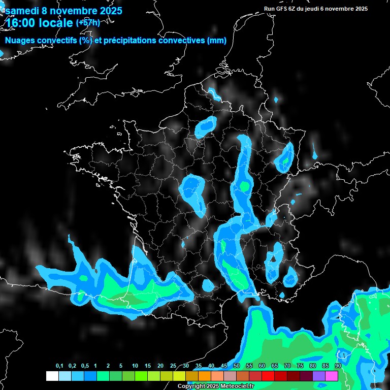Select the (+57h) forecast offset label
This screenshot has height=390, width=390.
click(x=87, y=22)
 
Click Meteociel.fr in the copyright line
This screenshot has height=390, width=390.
click(x=239, y=386)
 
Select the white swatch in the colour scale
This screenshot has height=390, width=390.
click(x=52, y=376)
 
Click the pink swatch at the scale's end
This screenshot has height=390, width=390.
click(x=332, y=376)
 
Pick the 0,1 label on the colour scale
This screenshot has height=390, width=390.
click(x=59, y=366)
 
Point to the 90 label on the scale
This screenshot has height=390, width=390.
click(x=338, y=366)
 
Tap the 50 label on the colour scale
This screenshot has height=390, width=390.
click(x=237, y=366)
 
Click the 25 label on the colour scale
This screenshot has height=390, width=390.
click(x=173, y=366)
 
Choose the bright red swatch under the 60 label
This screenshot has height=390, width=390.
click(x=268, y=376)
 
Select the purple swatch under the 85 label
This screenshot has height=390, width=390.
click(x=319, y=376)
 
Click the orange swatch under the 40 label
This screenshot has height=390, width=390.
click(x=205, y=376)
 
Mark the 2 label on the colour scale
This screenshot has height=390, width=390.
click(x=108, y=366)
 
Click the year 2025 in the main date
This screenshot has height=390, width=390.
click(x=108, y=11)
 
